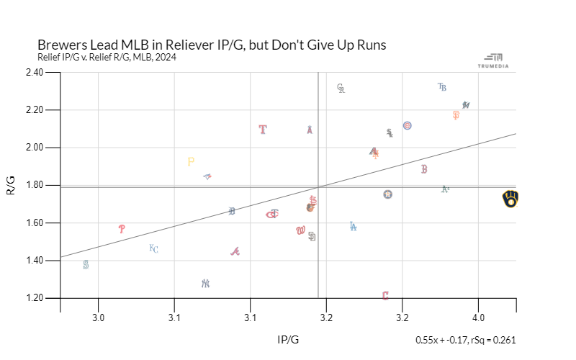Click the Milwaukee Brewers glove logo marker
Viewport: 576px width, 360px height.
(x=510, y=199)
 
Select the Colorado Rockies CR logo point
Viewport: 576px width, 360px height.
(x=341, y=89)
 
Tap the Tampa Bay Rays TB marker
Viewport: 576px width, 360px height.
(x=442, y=87)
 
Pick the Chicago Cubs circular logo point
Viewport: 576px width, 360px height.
(x=408, y=125)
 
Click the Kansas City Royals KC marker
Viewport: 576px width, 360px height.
(x=153, y=248)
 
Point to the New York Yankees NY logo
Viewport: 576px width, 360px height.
(x=205, y=284)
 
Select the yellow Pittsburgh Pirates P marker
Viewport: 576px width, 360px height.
(x=191, y=162)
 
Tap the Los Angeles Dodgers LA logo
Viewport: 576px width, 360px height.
(x=353, y=226)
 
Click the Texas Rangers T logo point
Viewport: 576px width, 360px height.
(x=263, y=130)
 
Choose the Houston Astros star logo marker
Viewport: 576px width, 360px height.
(x=388, y=194)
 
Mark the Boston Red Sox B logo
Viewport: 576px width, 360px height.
(x=424, y=169)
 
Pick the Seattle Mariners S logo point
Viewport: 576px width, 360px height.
(x=86, y=265)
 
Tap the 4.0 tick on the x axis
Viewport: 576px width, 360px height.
(x=478, y=317)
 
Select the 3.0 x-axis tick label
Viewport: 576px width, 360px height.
(x=99, y=317)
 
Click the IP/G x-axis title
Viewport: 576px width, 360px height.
(x=288, y=338)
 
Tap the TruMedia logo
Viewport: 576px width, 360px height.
(x=493, y=61)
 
